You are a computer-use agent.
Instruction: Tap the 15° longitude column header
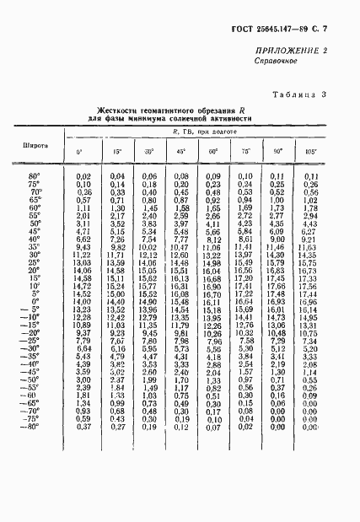(116, 152)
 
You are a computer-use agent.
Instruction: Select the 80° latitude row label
(35, 175)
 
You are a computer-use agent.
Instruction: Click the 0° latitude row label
(36, 300)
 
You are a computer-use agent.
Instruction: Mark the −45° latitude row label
(33, 371)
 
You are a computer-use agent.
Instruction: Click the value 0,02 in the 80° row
(83, 175)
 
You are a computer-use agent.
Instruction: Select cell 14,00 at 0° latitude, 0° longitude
(82, 300)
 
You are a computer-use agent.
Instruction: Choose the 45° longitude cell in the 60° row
(180, 207)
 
